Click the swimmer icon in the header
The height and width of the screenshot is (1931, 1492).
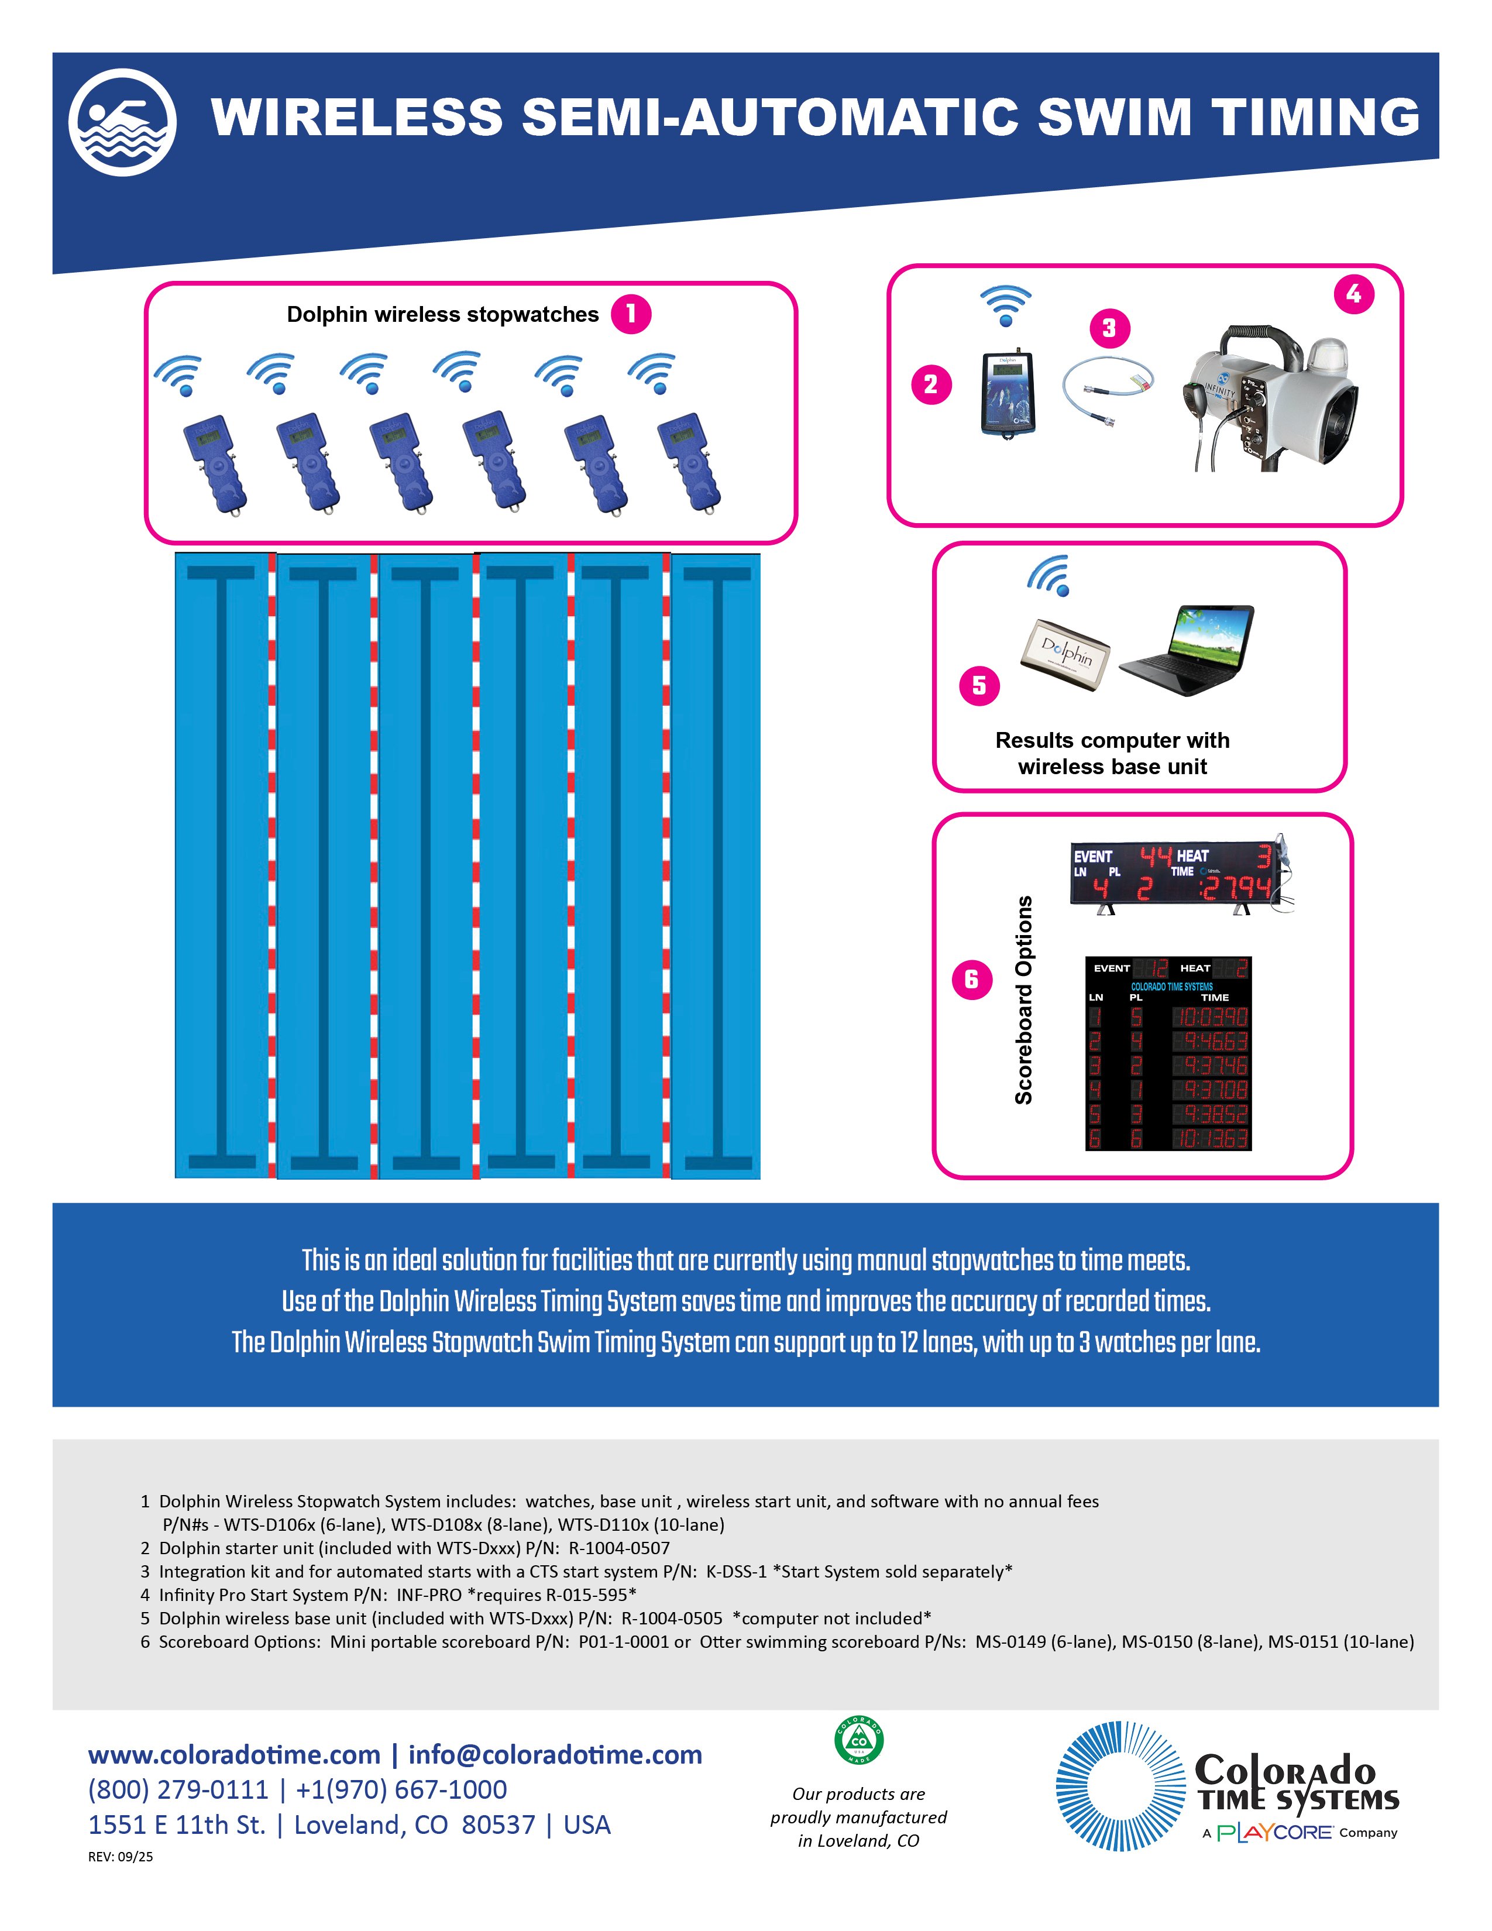122,122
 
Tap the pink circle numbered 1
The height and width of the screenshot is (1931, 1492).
631,314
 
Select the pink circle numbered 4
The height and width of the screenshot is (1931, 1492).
1353,294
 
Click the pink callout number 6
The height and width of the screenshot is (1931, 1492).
971,979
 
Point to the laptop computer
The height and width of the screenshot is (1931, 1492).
1188,650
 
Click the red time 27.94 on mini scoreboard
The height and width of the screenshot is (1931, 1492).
1236,888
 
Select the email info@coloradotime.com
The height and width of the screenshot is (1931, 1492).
555,1754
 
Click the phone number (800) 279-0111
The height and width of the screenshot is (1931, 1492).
178,1789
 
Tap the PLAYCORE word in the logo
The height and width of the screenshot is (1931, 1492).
1274,1833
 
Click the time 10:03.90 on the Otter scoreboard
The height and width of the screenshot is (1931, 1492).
1210,1017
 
